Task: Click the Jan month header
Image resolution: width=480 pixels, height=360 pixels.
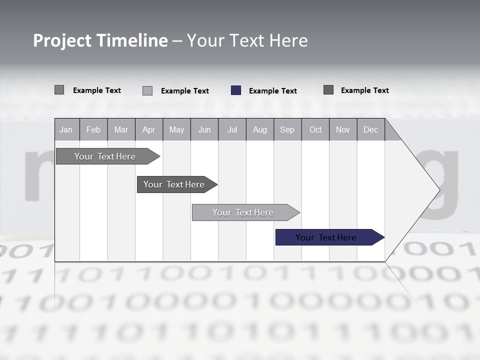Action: [66, 129]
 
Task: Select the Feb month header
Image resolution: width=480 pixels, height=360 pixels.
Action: [93, 129]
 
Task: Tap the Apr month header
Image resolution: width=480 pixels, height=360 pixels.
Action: [149, 129]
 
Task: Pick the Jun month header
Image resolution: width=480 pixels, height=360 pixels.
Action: [204, 129]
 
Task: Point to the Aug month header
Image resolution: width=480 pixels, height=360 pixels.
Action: [260, 129]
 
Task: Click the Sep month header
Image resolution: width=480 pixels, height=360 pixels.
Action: [287, 129]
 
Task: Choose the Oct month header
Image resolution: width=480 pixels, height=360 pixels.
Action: [315, 129]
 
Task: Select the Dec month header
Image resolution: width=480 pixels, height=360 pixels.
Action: [371, 129]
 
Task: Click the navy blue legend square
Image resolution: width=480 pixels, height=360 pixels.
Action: [236, 90]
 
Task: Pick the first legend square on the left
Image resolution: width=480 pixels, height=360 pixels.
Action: [59, 90]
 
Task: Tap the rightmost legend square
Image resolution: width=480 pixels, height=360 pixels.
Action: [328, 90]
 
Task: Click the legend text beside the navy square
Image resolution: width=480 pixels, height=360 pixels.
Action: [273, 91]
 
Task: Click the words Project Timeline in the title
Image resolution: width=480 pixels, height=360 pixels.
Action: [100, 40]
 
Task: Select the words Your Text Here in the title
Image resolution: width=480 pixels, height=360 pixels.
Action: [247, 40]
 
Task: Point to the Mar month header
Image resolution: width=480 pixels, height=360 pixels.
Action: [121, 129]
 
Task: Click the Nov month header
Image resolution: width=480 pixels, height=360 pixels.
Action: [343, 129]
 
